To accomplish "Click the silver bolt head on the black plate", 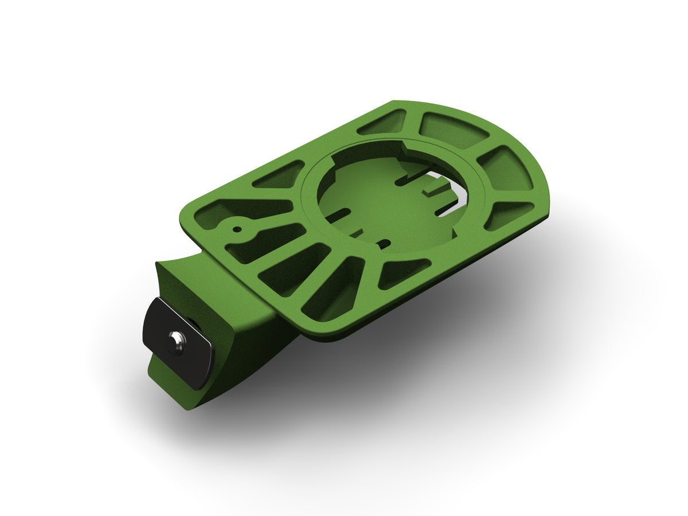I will point(175,342).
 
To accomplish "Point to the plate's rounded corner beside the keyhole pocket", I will point(189,212).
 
